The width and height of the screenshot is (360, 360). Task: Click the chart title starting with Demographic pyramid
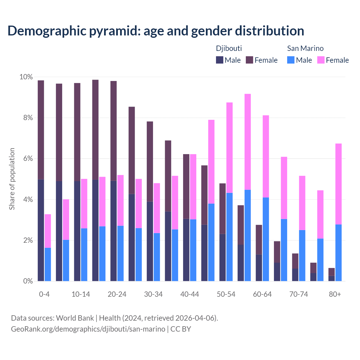(156, 31)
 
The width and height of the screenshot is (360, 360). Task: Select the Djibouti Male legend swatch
(219, 60)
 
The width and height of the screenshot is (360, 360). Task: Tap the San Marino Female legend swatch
(321, 60)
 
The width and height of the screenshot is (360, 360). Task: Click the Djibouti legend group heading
(229, 48)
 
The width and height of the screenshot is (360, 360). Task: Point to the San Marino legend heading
(305, 48)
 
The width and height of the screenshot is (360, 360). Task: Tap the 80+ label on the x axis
(335, 294)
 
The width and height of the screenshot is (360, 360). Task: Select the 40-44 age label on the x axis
(190, 294)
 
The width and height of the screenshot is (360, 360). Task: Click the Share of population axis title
(12, 179)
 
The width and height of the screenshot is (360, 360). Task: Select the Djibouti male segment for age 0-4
(41, 230)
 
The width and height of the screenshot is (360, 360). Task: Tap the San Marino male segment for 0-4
(48, 264)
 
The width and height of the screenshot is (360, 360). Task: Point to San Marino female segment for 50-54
(229, 148)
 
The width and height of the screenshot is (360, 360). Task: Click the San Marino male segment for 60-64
(266, 239)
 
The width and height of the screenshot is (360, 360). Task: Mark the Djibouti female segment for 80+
(332, 272)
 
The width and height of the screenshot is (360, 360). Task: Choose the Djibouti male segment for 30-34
(150, 241)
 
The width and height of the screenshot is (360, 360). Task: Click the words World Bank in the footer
(75, 318)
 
